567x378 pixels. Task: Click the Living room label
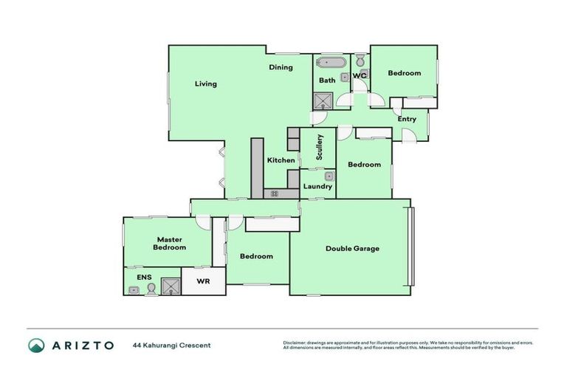(206, 84)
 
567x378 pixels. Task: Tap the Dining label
(281, 67)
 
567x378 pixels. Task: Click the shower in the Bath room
(323, 100)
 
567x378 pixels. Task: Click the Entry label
(407, 119)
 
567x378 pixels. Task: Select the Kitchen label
(281, 160)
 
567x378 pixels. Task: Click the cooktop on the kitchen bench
(274, 193)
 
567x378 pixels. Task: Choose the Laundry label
(318, 187)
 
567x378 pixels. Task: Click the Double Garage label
(352, 249)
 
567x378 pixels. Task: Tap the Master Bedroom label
(171, 244)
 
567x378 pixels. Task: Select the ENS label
(144, 278)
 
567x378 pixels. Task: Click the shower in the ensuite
(171, 286)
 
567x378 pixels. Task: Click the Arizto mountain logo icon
(36, 345)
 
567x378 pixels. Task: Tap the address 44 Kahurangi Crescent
(172, 346)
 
